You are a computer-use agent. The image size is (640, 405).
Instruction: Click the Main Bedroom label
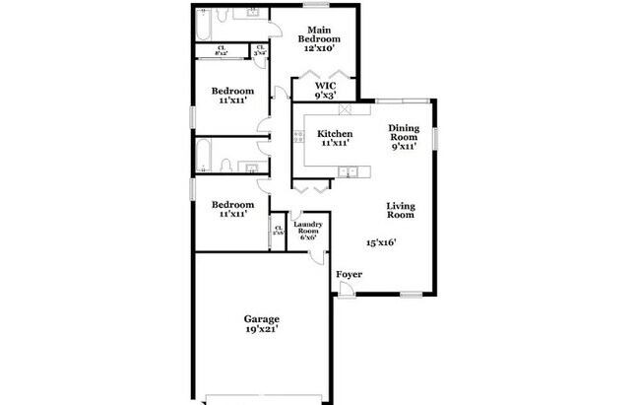point(320,34)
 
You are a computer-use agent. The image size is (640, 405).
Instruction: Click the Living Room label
point(399,209)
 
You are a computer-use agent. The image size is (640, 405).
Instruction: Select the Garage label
point(262,318)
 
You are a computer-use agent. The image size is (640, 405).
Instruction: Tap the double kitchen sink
point(347,172)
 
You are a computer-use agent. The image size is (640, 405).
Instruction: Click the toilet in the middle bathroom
point(225,167)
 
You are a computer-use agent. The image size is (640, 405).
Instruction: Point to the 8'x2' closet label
point(224,50)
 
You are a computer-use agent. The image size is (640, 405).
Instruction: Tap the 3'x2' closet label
point(260,50)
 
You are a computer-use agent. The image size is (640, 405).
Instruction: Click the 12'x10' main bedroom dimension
point(320,46)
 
